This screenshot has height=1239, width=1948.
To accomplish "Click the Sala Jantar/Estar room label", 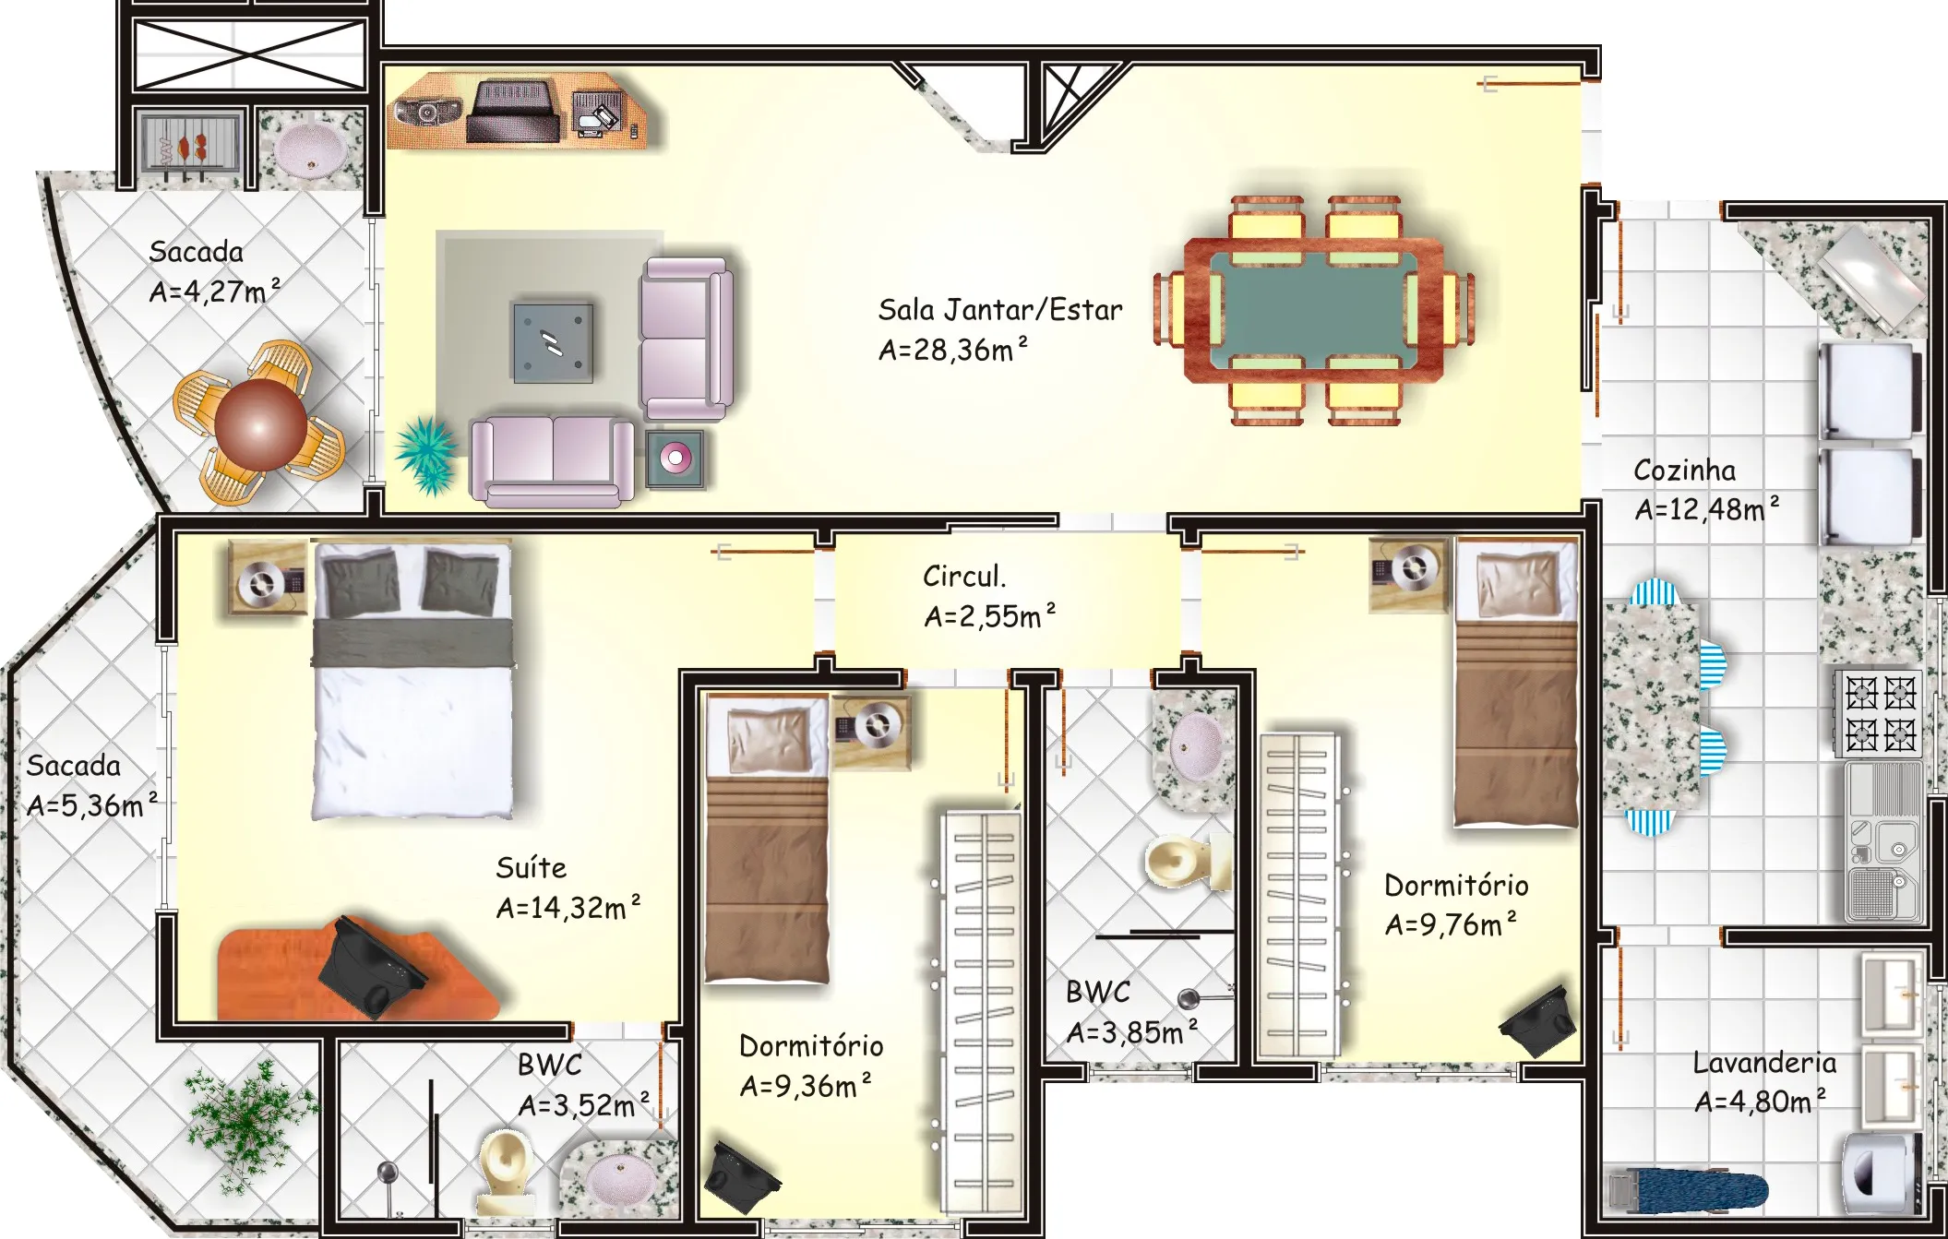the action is click(x=1000, y=310).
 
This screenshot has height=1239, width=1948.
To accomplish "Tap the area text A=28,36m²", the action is click(x=952, y=350).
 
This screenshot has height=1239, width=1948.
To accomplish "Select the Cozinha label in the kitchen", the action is click(x=1684, y=471).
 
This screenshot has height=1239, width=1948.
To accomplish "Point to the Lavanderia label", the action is click(x=1764, y=1063).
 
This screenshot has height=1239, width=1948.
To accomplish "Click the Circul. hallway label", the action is click(x=964, y=577).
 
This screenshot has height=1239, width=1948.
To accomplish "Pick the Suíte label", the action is click(x=532, y=867).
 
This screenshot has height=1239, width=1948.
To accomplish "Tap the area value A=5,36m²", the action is click(x=91, y=805).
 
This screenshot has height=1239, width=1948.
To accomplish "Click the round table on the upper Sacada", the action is click(x=261, y=423).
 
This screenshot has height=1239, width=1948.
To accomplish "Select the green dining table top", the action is click(x=1314, y=308).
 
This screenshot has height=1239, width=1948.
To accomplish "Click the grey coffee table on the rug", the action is click(x=554, y=342).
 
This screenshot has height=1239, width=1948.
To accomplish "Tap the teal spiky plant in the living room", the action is click(x=426, y=453).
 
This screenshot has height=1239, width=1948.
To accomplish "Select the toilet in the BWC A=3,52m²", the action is click(x=505, y=1172).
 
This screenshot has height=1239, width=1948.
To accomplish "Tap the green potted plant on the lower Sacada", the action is click(x=247, y=1123).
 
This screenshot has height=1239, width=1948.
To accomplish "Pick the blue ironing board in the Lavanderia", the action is click(x=1689, y=1189).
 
